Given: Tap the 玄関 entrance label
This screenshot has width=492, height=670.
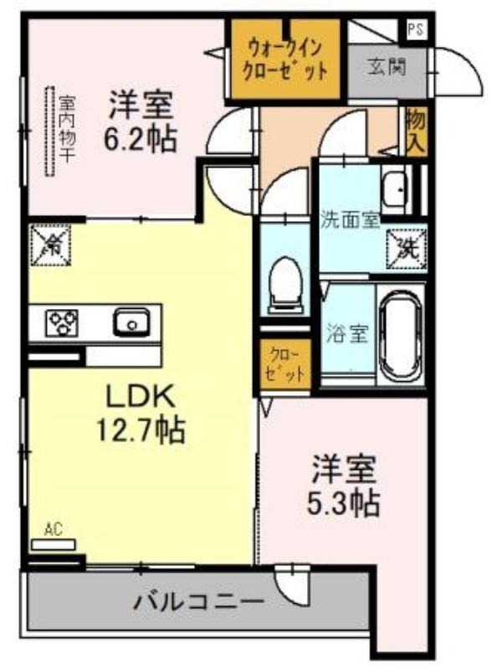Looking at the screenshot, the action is coord(387,67).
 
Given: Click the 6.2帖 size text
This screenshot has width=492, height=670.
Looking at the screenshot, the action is coord(141,139).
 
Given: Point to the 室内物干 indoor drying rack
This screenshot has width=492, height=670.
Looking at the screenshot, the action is coord(50,131).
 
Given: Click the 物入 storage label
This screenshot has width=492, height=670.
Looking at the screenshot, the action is coord(415,130).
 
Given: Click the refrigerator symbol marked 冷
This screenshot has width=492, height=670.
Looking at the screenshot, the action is coord(50,245).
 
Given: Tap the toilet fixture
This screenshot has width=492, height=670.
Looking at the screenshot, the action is coord(285,286).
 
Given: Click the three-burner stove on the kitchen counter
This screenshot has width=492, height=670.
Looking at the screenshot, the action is coord(63,322).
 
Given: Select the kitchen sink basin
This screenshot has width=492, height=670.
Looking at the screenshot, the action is coord(131,322).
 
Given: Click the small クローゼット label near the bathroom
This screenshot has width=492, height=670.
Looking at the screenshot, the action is coord(284,364).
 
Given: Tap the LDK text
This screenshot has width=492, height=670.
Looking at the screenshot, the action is coord(141,396).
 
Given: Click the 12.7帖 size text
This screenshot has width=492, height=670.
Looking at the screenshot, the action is coord(141,430).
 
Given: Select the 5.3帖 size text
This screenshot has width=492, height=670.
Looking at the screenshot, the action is coord(343,503).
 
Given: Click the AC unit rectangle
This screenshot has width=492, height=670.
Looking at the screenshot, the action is coord(54,544).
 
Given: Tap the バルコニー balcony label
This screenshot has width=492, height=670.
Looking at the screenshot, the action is coord(198,602).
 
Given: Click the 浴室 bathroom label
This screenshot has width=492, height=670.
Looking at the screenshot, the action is coord(347,333).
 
